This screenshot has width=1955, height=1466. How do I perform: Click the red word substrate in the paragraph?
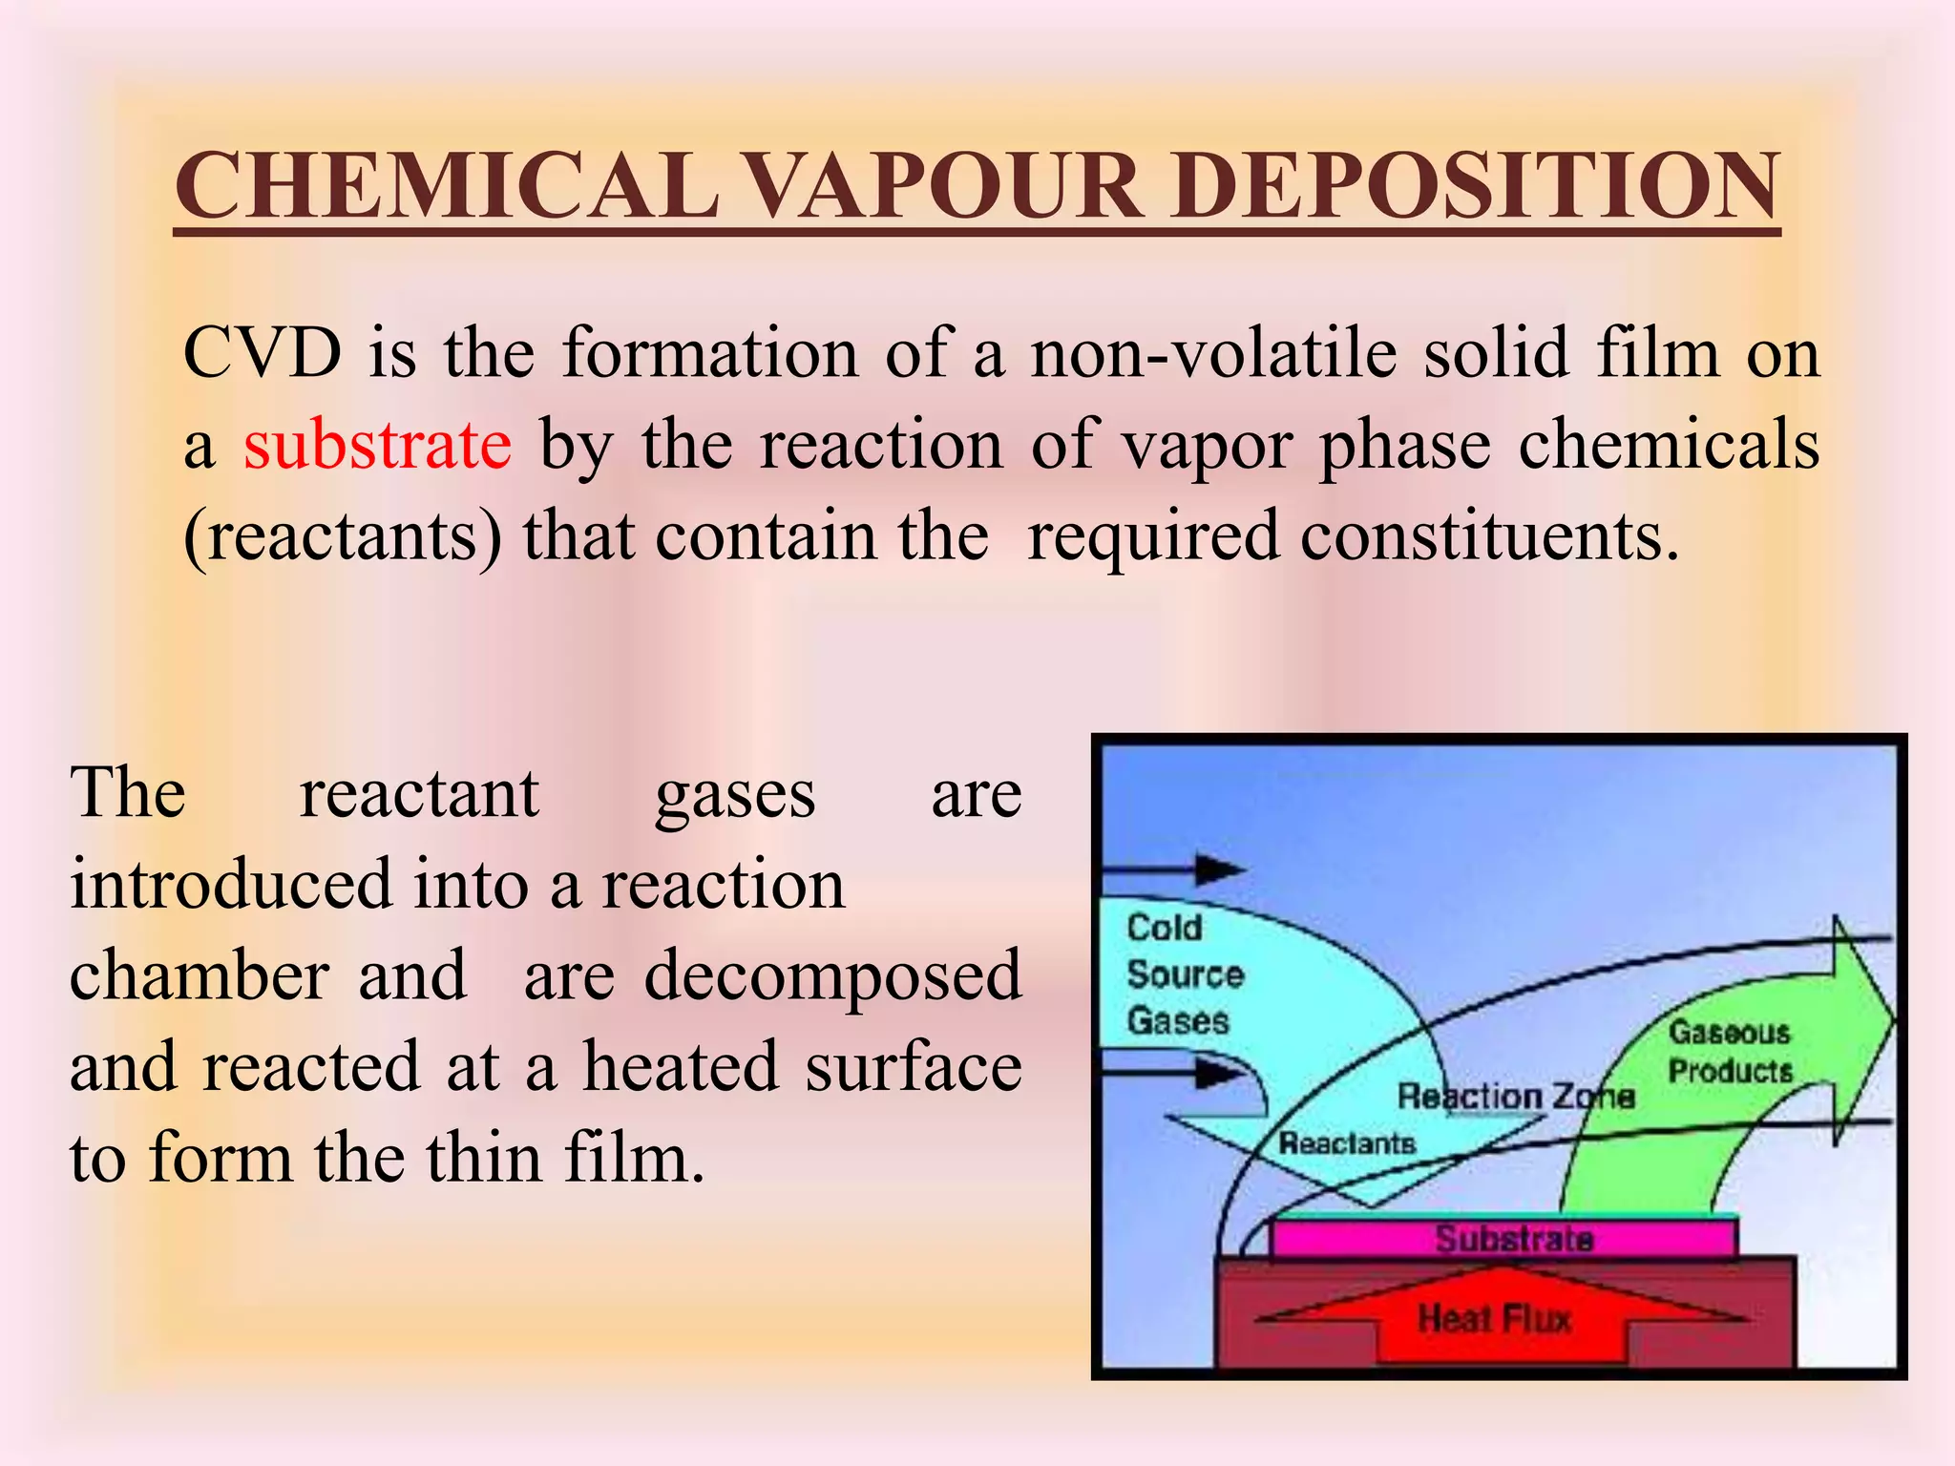coord(377,445)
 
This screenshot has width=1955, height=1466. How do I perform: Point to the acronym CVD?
coord(263,353)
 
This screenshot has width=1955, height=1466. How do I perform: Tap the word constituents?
coord(1489,535)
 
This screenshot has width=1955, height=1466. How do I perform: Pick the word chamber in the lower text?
coord(200,975)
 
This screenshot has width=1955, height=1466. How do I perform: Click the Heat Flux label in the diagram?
coord(1494,1319)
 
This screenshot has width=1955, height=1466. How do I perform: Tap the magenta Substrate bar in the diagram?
coord(1513,1239)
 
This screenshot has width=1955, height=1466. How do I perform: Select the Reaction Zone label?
coord(1516,1097)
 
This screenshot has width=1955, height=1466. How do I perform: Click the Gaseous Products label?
coord(1729,1052)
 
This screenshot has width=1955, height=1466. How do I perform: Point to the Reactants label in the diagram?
coord(1346,1142)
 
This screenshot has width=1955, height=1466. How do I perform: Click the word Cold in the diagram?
coord(1164,928)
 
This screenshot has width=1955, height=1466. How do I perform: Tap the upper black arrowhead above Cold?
coord(1220,870)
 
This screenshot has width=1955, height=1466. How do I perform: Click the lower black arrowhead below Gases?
coord(1220,1074)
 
